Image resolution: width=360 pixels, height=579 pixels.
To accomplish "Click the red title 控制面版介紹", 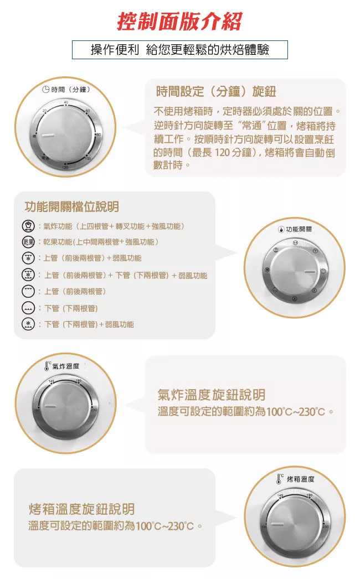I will pos(179,22).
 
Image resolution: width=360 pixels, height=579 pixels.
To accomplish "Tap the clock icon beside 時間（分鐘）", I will pos(45,89).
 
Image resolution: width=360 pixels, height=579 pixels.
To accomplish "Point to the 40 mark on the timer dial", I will pos(66,103).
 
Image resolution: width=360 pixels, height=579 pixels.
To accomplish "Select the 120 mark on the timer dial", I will pos(65,167).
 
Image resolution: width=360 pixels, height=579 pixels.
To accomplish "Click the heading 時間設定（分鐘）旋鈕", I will pos(216,91).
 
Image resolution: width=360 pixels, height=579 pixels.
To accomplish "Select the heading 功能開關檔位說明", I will pos(72,207).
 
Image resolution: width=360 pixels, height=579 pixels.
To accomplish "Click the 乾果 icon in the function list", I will pos(28,242).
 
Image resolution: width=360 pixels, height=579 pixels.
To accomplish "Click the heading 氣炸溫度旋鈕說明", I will pos(211,395).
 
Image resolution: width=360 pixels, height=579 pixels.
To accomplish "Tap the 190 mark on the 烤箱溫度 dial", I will pos(309,495).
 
